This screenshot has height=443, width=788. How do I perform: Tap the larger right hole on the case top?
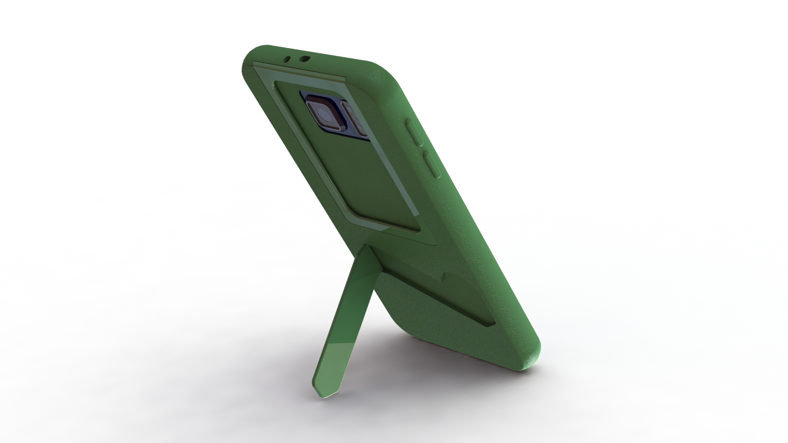[304, 59]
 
